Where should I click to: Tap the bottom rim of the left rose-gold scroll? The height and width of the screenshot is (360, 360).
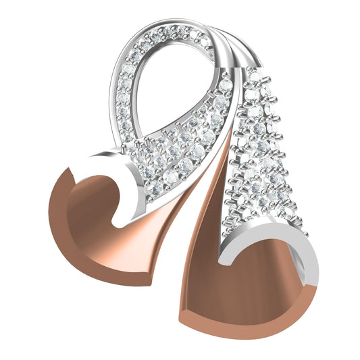(x=101, y=274)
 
